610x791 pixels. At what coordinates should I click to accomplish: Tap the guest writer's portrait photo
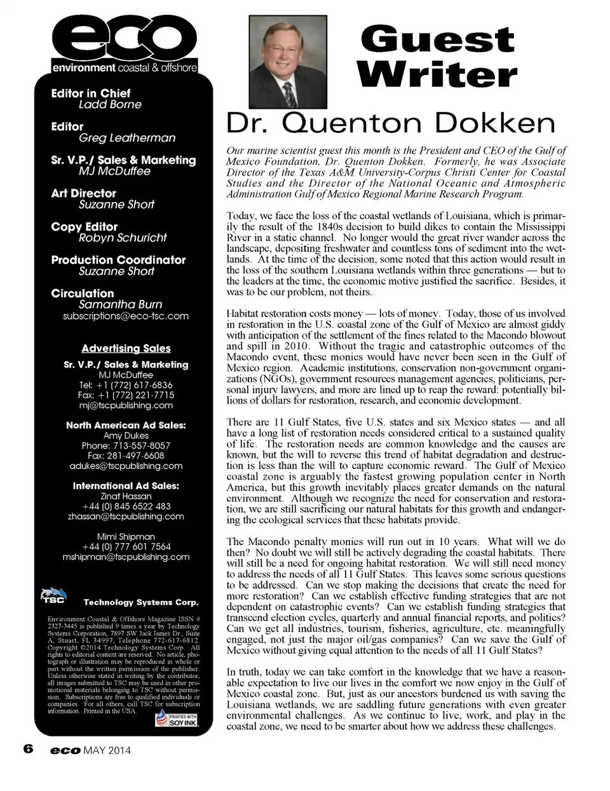point(287,62)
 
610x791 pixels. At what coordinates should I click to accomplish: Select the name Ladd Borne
point(110,105)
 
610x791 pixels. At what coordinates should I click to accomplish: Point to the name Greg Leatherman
point(127,138)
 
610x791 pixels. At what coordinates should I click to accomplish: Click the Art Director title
point(83,193)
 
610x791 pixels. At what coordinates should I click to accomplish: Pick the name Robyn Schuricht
point(123,238)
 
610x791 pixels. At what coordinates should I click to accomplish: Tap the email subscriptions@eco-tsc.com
point(126,316)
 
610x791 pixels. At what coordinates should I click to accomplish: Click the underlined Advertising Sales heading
point(126,348)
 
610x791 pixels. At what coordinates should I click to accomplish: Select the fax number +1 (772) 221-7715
point(126,395)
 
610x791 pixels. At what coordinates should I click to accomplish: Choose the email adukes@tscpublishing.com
point(126,466)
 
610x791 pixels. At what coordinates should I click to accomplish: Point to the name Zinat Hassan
point(126,496)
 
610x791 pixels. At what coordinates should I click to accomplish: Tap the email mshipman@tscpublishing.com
point(126,557)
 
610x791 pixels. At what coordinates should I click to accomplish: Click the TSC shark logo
point(54,595)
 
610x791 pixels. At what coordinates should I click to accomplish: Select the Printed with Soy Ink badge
point(177,719)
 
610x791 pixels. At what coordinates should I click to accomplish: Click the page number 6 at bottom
point(28,749)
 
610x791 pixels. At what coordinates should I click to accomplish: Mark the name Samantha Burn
point(120,304)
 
